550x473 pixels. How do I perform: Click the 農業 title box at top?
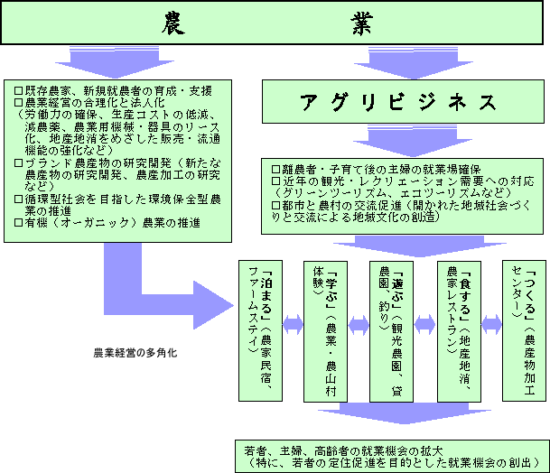(x=275, y=23)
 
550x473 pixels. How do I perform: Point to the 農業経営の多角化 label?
(x=135, y=353)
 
